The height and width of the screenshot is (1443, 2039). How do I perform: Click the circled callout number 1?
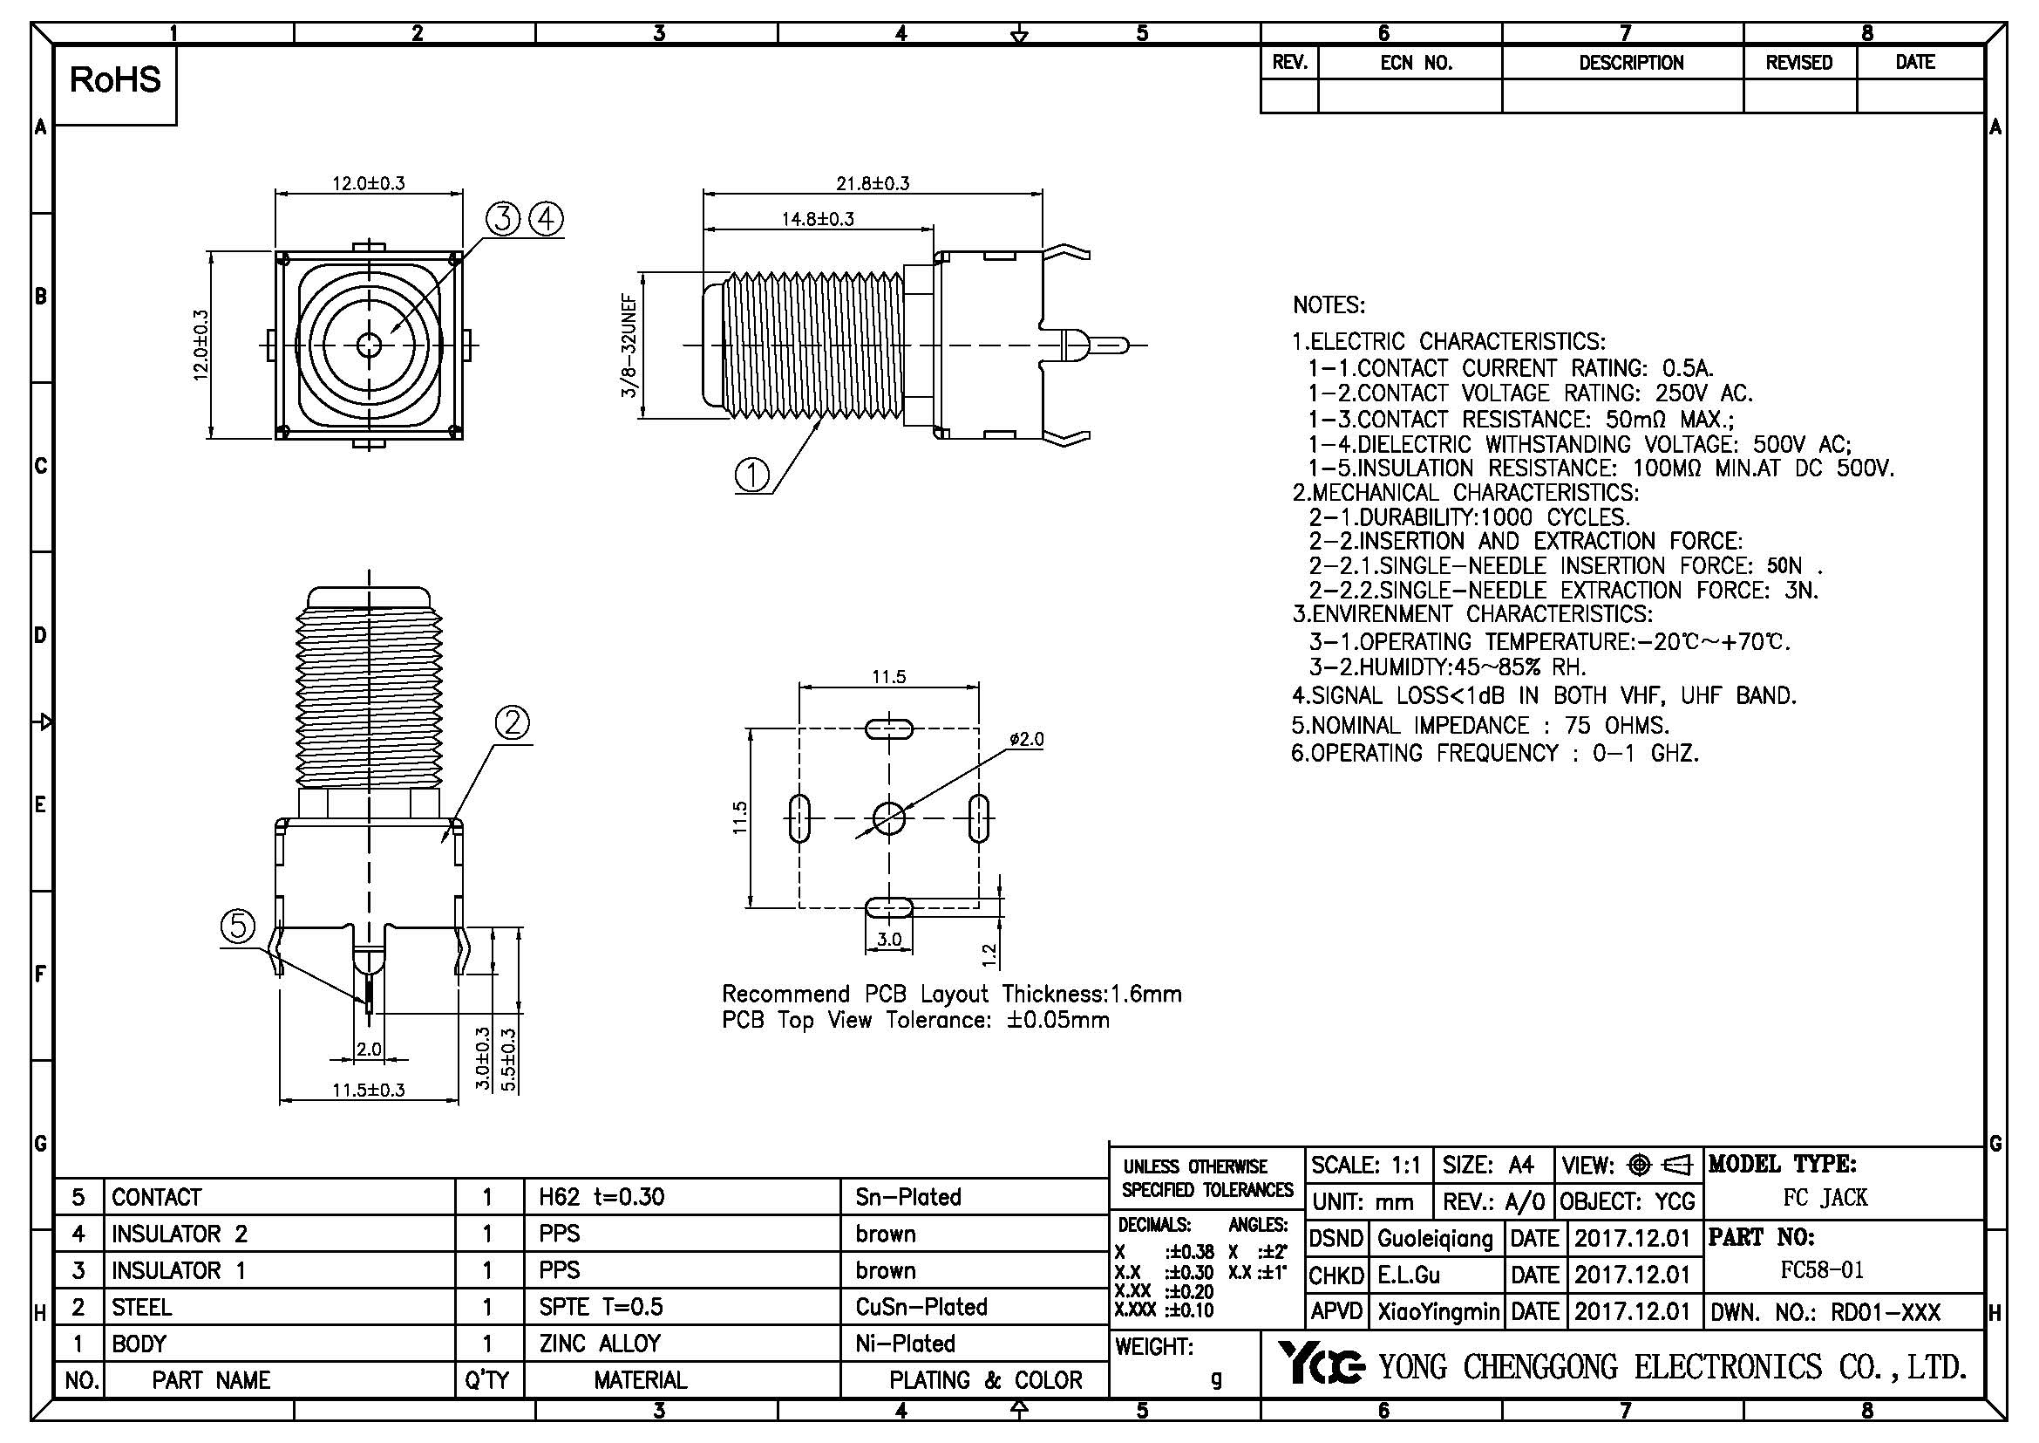752,475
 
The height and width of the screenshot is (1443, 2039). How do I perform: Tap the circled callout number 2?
513,724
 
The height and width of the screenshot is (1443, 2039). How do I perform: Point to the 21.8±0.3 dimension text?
872,184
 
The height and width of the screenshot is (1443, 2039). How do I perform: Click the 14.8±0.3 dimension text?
817,219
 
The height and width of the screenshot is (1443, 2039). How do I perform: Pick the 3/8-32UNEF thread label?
629,345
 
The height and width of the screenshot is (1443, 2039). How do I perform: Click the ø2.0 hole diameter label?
1027,739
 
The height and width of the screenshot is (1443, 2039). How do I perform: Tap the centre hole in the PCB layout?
889,818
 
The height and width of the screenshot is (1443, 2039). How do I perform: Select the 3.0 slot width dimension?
889,940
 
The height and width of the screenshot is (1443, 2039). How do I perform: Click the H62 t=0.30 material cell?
602,1197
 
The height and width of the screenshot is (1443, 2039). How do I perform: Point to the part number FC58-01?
1821,1269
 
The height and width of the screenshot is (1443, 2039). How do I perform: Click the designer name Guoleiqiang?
1435,1239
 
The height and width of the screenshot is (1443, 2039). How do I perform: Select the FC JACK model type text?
1825,1198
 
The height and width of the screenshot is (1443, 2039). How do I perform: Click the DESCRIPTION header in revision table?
1630,63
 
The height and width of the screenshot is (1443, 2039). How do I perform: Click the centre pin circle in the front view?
369,345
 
